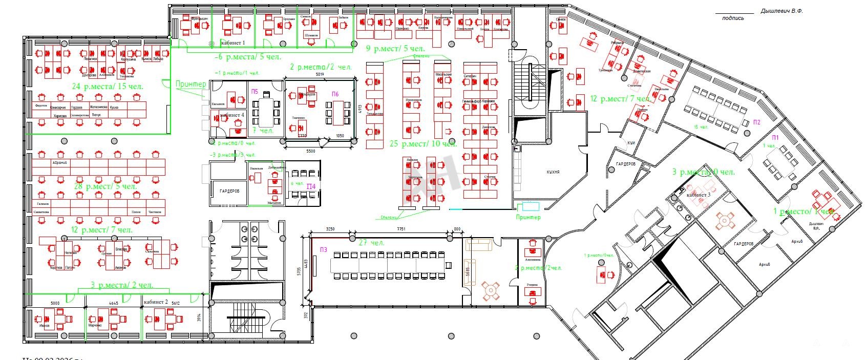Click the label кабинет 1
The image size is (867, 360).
tap(233, 43)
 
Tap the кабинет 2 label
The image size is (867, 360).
tap(156, 302)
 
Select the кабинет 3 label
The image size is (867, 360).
tap(698, 195)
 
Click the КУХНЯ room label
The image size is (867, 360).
tap(553, 173)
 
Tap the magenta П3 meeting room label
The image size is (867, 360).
tap(323, 249)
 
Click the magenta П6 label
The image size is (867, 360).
tap(335, 94)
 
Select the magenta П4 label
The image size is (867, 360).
tap(311, 187)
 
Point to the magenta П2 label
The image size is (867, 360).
tap(757, 122)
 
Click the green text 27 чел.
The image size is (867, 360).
tap(371, 242)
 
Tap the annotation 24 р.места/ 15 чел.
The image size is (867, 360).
tap(108, 87)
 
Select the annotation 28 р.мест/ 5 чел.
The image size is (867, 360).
tap(105, 186)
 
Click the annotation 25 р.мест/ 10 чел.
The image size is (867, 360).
tap(423, 143)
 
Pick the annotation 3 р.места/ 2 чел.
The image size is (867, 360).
tap(122, 285)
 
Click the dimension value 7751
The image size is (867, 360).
tap(401, 229)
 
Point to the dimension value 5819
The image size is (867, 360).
tap(319, 75)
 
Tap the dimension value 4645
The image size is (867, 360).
tap(114, 303)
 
